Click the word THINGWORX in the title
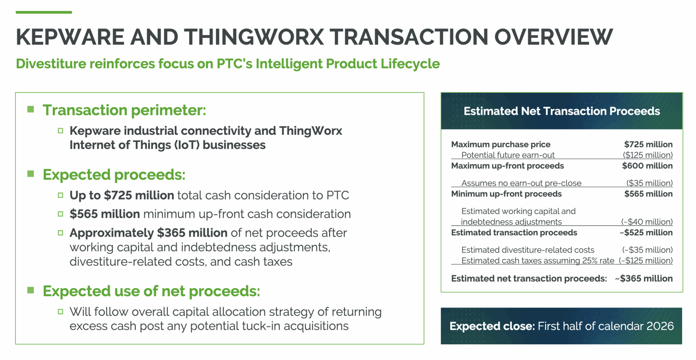[x=254, y=37]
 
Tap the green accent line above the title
[x=43, y=12]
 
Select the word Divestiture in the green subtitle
[x=51, y=64]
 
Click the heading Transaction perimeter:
[x=124, y=110]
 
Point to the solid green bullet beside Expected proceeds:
[x=31, y=174]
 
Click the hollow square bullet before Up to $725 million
[x=61, y=195]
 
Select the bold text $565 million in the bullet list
[x=104, y=214]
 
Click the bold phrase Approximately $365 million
[x=148, y=233]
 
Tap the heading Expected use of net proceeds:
[x=151, y=291]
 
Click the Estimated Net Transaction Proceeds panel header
[x=562, y=111]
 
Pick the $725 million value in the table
[x=648, y=144]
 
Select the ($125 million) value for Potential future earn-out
[x=647, y=155]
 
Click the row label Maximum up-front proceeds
[x=507, y=166]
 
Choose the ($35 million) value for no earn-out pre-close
[x=649, y=183]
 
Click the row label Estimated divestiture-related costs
[x=527, y=250]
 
